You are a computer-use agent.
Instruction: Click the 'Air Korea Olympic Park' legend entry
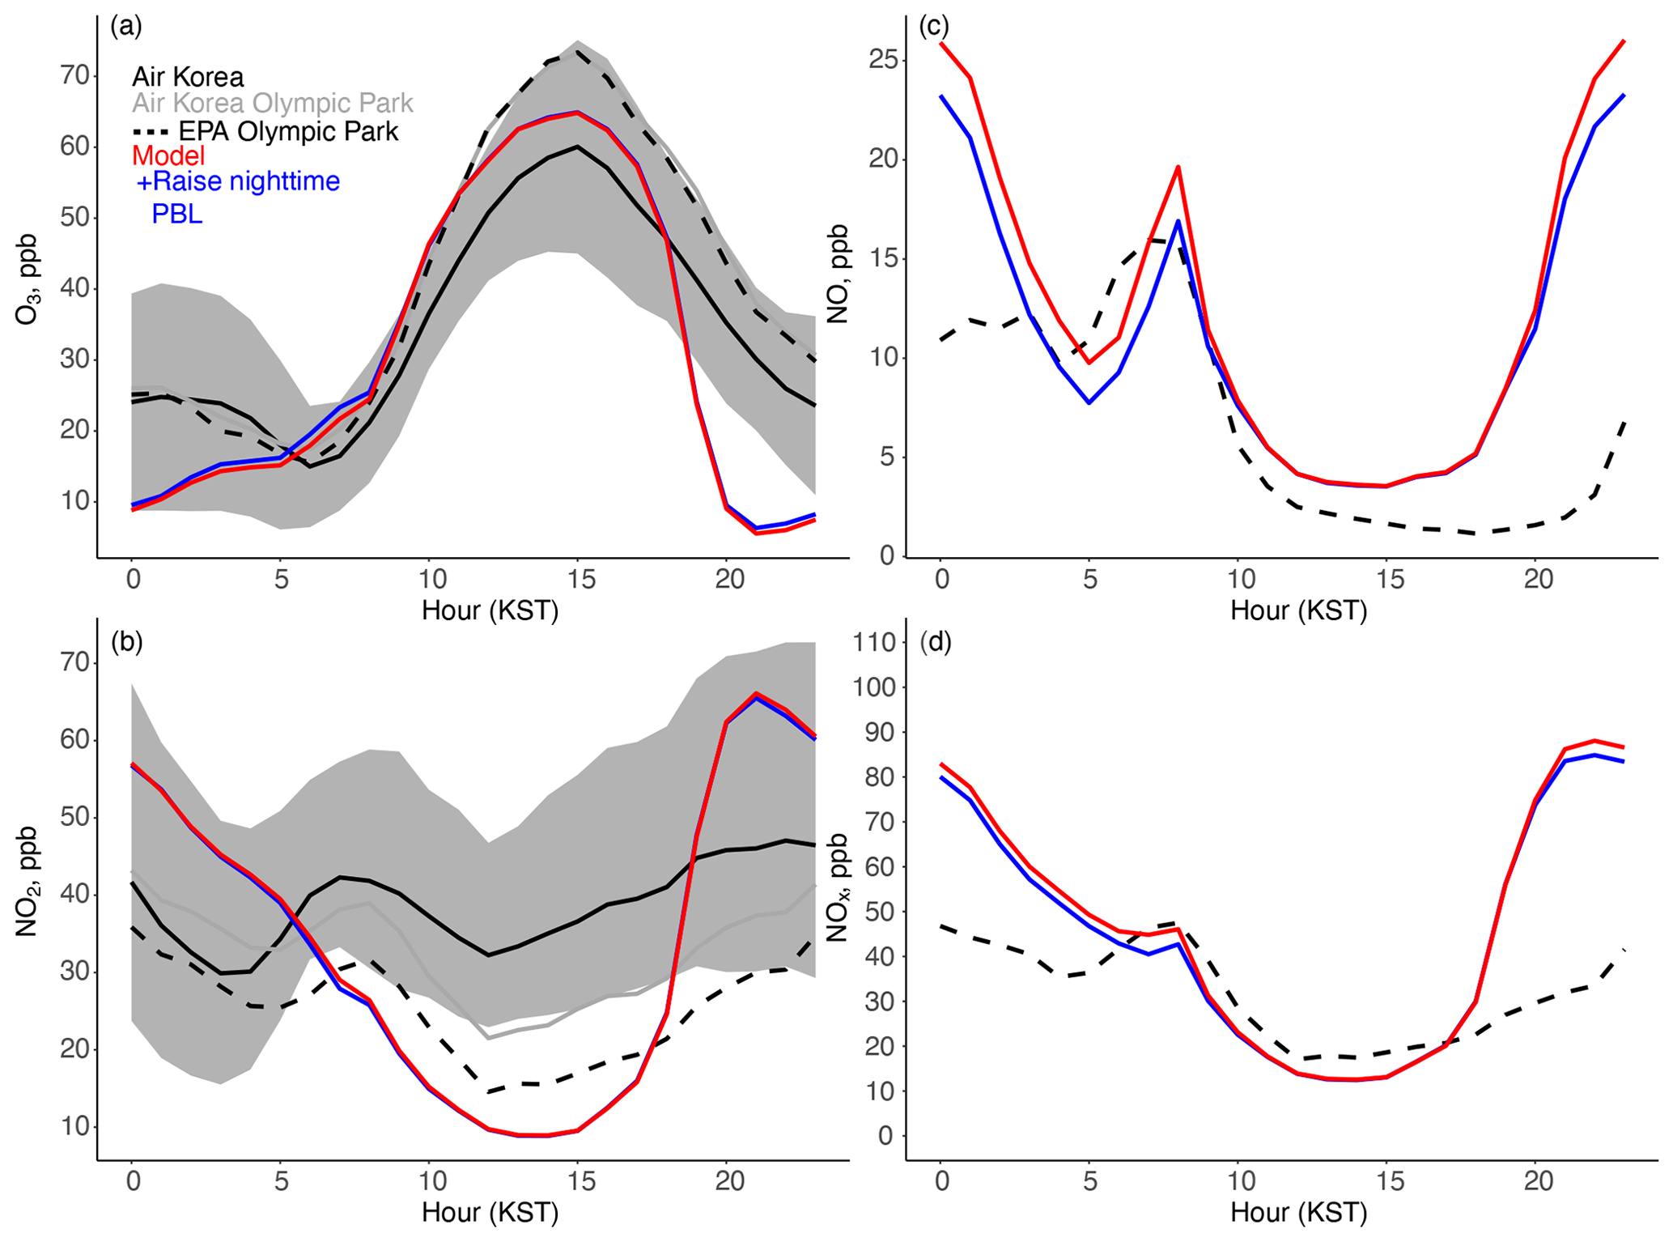[x=273, y=104]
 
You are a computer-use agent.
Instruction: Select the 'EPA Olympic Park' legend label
[x=288, y=131]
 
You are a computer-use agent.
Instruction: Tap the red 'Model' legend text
[x=168, y=155]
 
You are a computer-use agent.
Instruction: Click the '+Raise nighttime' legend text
[x=239, y=181]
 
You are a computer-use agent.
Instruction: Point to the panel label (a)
[x=126, y=27]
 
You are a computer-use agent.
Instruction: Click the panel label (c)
[x=934, y=27]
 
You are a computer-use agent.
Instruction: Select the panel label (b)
[x=126, y=642]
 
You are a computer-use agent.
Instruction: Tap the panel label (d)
[x=936, y=642]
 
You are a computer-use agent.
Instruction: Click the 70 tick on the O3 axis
[x=74, y=76]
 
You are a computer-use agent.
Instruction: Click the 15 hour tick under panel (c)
[x=1389, y=580]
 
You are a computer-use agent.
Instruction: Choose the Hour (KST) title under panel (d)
[x=1298, y=1213]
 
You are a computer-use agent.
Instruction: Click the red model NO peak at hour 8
[x=1178, y=168]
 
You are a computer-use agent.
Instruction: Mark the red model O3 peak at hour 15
[x=577, y=113]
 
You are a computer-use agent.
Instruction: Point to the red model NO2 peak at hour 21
[x=756, y=694]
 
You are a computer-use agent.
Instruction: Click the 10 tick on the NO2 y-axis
[x=74, y=1127]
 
